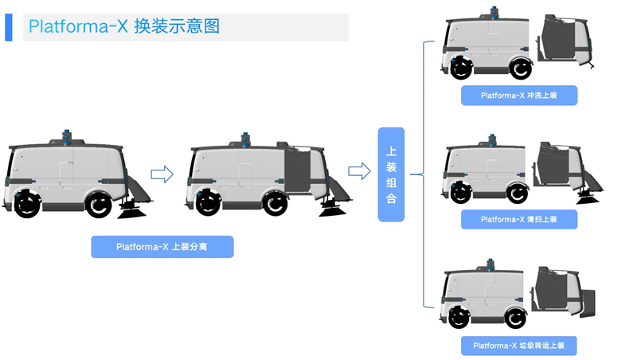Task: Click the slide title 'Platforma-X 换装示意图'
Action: [123, 26]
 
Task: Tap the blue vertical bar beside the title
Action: [9, 27]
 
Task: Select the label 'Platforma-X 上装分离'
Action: [162, 247]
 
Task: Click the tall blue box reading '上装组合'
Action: [391, 174]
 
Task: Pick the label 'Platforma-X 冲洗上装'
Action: [518, 96]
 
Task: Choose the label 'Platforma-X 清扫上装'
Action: [518, 219]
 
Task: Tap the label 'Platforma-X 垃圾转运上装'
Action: [518, 346]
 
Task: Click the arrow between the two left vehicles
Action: [162, 174]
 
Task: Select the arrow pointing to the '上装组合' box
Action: [359, 171]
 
